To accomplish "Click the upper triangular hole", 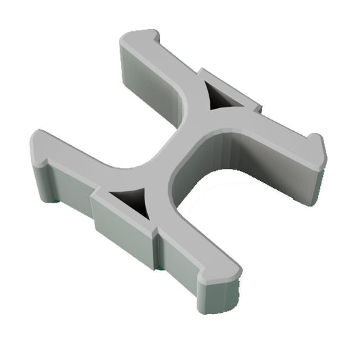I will click(220, 98).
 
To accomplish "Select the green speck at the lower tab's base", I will click(157, 268).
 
